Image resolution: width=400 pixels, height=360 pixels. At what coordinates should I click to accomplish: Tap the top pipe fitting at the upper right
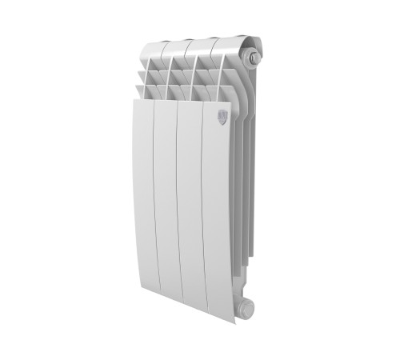[254, 58]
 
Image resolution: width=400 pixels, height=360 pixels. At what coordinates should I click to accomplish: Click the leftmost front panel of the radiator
[142, 200]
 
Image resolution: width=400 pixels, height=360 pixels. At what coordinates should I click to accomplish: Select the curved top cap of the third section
[202, 44]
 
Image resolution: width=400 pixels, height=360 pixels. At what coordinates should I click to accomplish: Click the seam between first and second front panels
[154, 200]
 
